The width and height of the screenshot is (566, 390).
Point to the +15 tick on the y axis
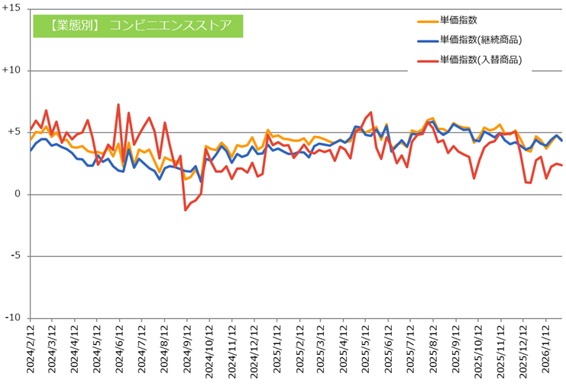12,8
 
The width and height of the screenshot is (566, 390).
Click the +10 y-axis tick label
12,70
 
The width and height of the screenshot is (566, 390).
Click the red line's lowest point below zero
186,210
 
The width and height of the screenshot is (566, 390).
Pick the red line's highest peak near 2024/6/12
118,105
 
